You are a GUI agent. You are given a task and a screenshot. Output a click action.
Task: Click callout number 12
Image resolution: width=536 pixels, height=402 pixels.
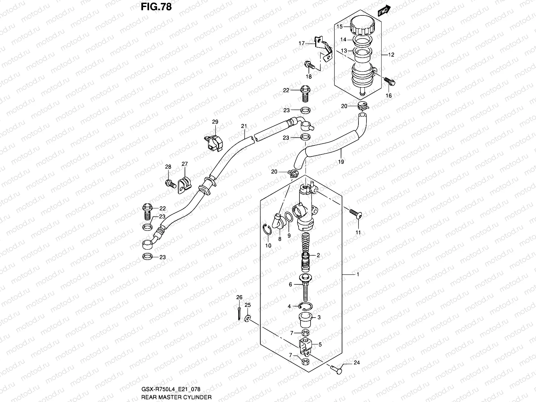click(391, 55)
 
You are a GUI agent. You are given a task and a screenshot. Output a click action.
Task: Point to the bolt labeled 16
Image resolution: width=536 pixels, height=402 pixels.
click(390, 81)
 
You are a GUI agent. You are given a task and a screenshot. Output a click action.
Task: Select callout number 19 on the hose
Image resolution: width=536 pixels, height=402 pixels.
click(341, 162)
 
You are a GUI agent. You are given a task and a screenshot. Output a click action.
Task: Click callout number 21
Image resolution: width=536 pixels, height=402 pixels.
click(244, 126)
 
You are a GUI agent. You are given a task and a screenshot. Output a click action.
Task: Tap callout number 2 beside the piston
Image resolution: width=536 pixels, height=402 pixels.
click(318, 255)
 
